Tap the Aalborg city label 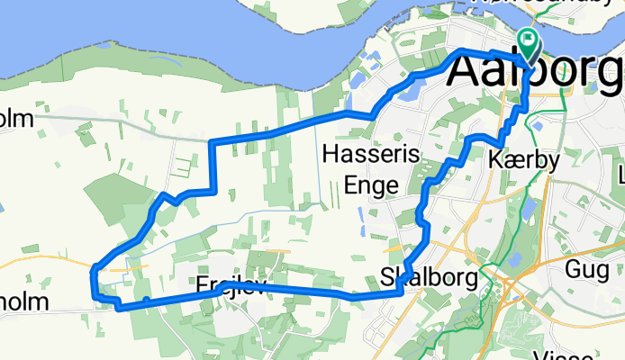point(536,71)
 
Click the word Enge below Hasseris point(372,184)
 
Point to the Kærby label point(523,161)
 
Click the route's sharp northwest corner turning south point(210,142)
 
